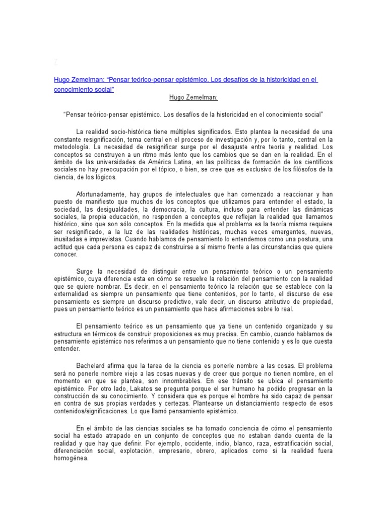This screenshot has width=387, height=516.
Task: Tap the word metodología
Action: tap(70, 146)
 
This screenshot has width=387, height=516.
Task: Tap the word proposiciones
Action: tap(193, 333)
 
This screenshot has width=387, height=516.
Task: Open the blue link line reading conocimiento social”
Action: tap(84, 89)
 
